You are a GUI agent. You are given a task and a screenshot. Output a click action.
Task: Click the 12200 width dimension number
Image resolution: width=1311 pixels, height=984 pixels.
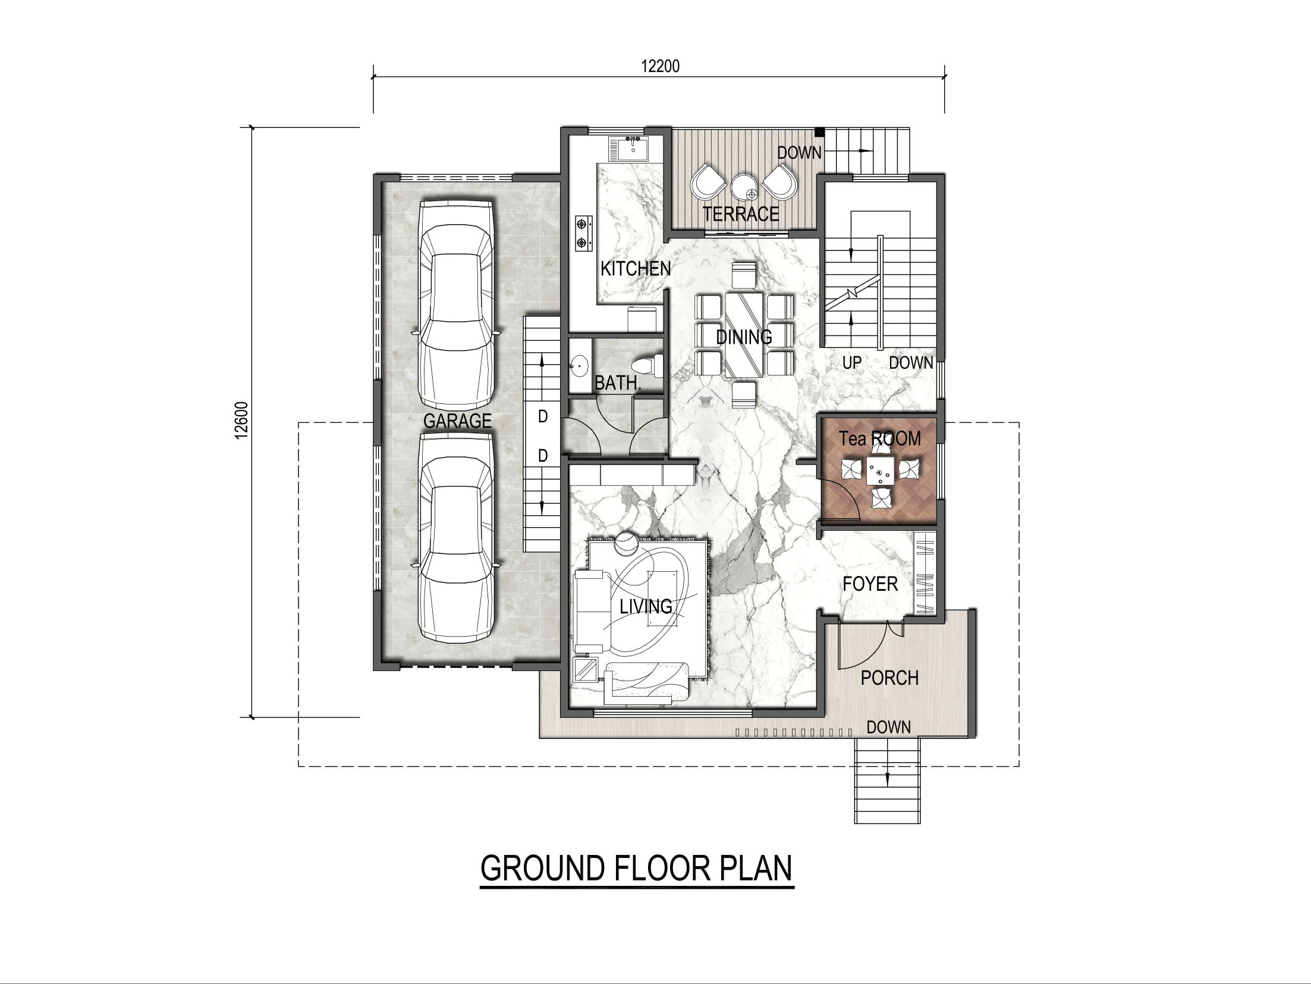point(660,66)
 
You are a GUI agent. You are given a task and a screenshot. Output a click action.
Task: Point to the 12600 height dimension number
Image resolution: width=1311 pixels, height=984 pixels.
point(241,421)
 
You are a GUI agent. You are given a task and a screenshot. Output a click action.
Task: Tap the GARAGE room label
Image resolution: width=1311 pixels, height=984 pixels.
point(457,421)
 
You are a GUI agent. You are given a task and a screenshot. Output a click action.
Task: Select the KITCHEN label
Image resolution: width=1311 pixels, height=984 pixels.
point(636,269)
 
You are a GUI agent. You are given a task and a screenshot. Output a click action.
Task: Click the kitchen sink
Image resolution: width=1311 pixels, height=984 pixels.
point(633,148)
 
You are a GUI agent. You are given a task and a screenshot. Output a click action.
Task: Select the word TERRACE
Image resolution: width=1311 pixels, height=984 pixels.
point(741,214)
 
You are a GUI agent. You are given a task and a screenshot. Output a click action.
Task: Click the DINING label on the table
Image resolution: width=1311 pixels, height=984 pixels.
point(744,337)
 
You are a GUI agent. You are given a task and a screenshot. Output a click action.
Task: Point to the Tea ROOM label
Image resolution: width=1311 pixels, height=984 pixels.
point(879,439)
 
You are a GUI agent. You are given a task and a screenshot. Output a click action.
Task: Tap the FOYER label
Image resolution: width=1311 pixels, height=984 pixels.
point(870,584)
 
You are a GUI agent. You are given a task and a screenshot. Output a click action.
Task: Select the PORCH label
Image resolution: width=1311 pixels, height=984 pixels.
point(889,678)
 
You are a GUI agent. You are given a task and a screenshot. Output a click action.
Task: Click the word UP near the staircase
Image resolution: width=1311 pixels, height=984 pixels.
point(851,362)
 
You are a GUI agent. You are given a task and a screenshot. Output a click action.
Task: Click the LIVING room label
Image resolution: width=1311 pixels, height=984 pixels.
point(646,606)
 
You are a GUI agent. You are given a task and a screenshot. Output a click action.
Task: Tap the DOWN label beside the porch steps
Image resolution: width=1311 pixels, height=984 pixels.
point(888,727)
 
